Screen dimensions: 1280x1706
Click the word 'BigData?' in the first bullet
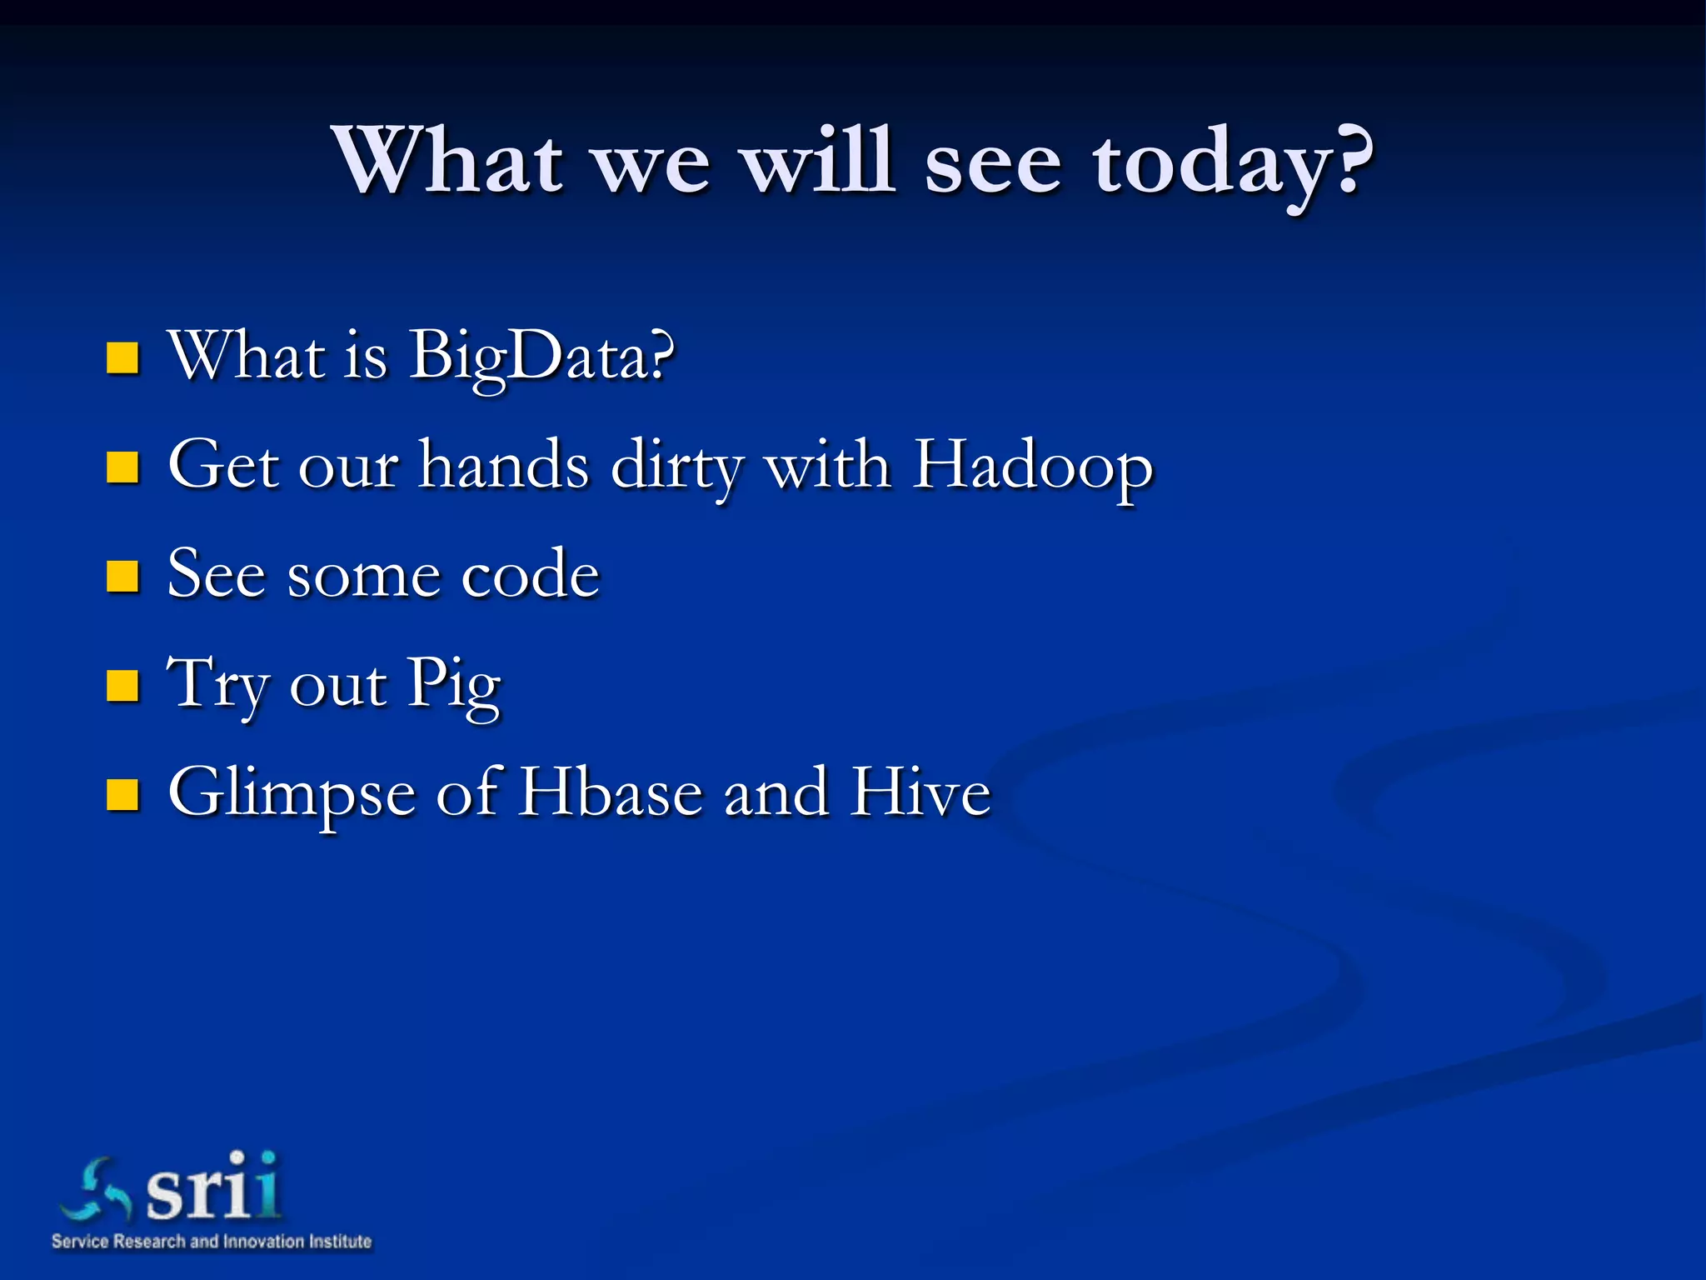click(541, 357)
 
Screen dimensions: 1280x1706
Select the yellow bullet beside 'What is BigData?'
click(122, 357)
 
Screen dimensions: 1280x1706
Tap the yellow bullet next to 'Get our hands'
click(122, 467)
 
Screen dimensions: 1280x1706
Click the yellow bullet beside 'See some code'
click(122, 576)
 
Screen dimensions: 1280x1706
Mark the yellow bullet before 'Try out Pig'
click(122, 686)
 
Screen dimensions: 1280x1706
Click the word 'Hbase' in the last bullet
click(611, 792)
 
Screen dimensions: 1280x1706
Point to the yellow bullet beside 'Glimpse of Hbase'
click(122, 795)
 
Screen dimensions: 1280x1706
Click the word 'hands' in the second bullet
click(504, 465)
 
